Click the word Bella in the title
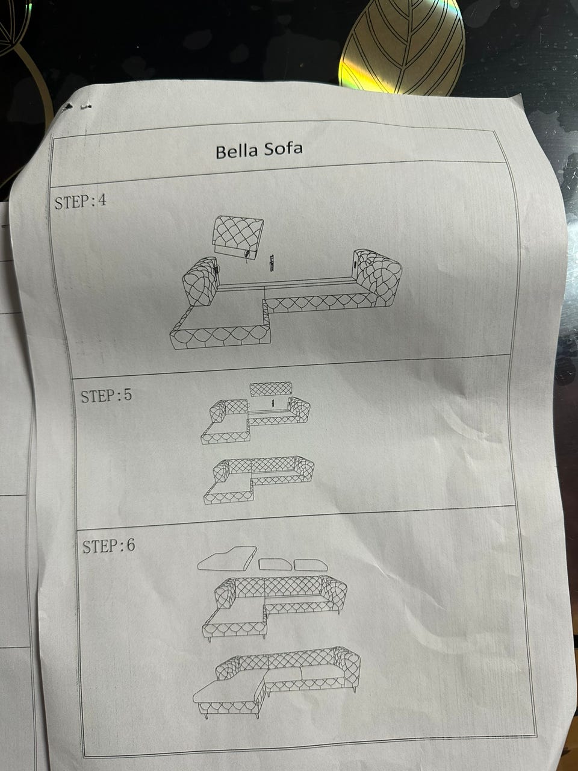pyautogui.click(x=237, y=151)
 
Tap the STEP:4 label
pyautogui.click(x=80, y=202)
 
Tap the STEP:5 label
pyautogui.click(x=107, y=395)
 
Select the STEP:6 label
pyautogui.click(x=108, y=546)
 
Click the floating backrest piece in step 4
pyautogui.click(x=238, y=237)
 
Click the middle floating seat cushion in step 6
pyautogui.click(x=275, y=564)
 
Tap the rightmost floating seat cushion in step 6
pyautogui.click(x=311, y=565)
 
